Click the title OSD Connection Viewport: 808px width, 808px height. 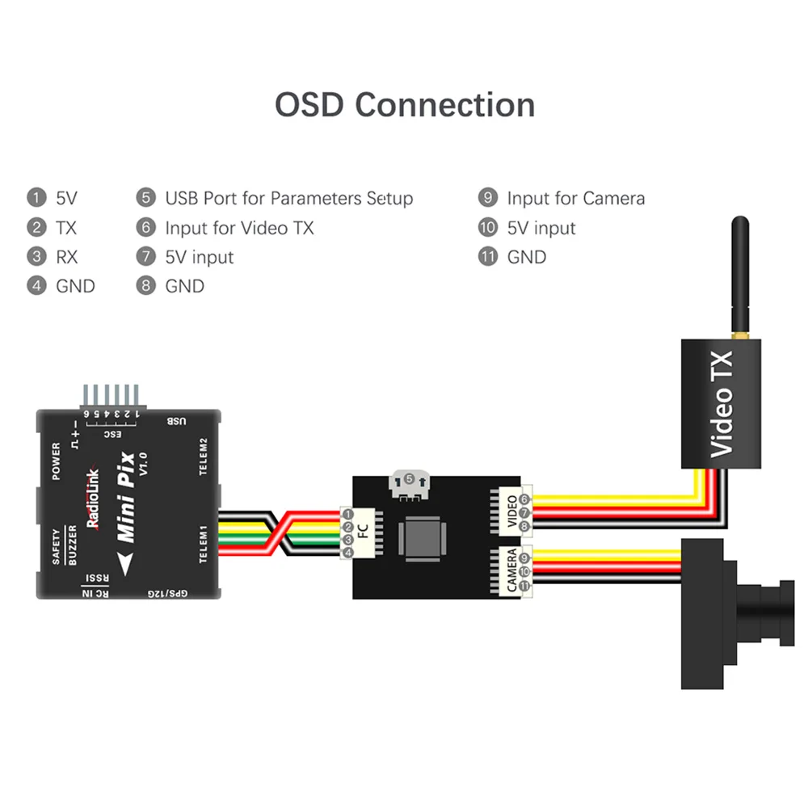pyautogui.click(x=404, y=105)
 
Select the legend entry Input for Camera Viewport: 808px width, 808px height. pyautogui.click(x=575, y=198)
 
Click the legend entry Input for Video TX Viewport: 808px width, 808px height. pyautogui.click(x=239, y=228)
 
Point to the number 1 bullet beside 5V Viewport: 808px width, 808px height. pyautogui.click(x=36, y=198)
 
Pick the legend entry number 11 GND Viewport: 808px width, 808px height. pyautogui.click(x=487, y=257)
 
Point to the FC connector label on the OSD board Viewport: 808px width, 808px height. pyautogui.click(x=362, y=533)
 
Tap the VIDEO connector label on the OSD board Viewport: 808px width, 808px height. pyautogui.click(x=511, y=513)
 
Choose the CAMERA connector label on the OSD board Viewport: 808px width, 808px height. pyautogui.click(x=512, y=570)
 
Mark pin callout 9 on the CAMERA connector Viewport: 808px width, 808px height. pyautogui.click(x=524, y=558)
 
